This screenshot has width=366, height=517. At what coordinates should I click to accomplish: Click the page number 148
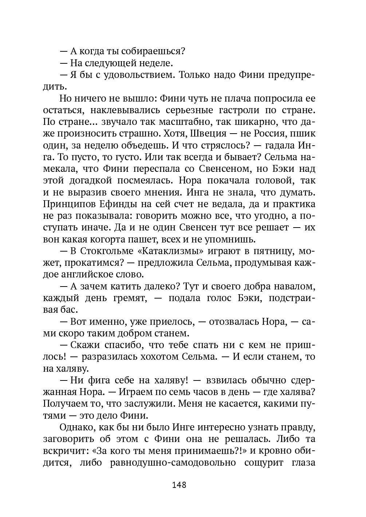click(x=179, y=485)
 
